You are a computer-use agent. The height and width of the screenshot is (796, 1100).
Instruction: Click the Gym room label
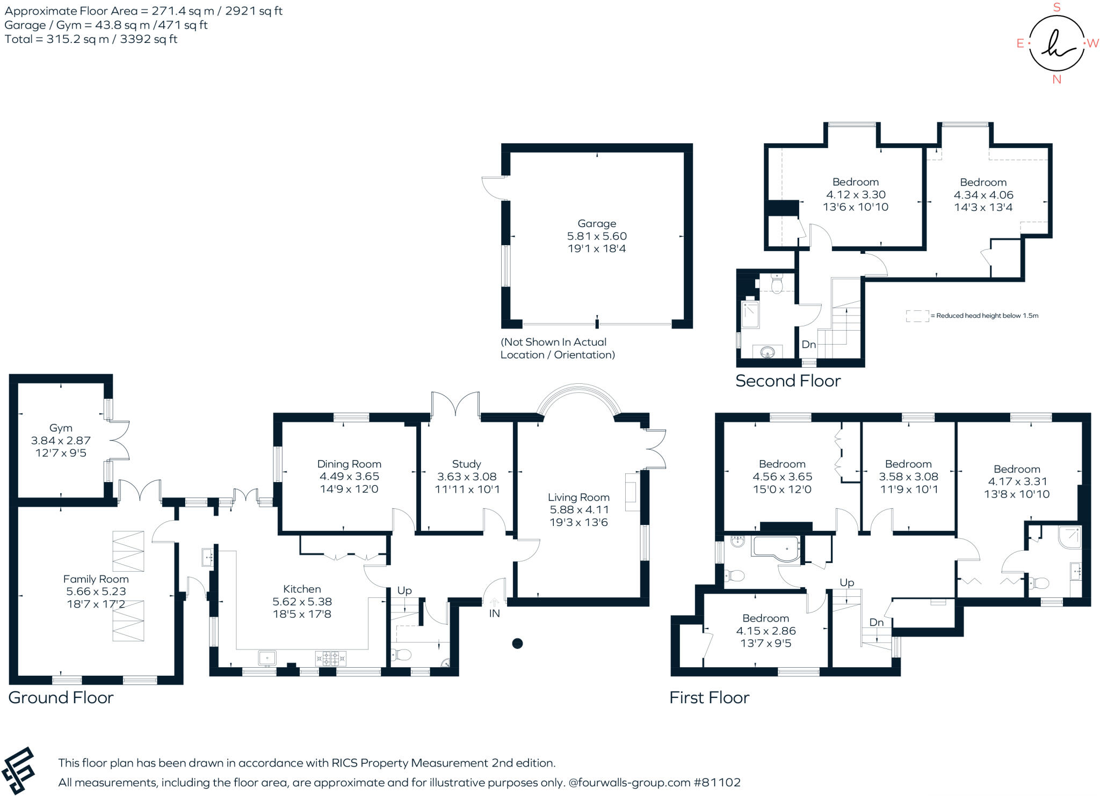tap(61, 428)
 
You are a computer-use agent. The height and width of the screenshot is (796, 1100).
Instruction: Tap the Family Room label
tap(96, 579)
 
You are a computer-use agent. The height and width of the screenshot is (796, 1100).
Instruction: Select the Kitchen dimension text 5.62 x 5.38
tap(302, 602)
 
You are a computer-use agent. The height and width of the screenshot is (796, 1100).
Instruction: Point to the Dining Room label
tap(349, 464)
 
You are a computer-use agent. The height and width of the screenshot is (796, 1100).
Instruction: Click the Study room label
tap(466, 464)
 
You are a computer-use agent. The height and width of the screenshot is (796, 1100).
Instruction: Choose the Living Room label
tap(578, 498)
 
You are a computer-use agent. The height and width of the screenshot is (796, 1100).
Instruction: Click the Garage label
tap(597, 223)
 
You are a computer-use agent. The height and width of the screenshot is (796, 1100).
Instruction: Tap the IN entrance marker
tap(494, 613)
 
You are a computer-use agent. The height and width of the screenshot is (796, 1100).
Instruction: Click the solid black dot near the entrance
tap(517, 643)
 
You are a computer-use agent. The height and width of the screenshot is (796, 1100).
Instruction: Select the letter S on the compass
tap(1057, 8)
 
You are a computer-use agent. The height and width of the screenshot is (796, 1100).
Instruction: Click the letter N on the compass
tap(1057, 79)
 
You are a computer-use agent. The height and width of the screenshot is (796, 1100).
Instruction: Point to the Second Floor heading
tap(787, 381)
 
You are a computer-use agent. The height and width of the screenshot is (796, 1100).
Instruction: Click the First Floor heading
tap(709, 697)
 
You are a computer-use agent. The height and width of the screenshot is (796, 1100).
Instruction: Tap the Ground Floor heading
tap(61, 697)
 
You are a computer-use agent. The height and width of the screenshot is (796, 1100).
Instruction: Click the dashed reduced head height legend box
tap(917, 316)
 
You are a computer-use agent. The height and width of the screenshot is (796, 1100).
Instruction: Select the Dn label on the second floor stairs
tap(809, 345)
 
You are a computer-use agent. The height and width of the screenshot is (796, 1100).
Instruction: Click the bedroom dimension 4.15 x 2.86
tap(765, 631)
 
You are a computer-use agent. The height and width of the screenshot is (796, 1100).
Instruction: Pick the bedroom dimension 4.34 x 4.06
tap(983, 195)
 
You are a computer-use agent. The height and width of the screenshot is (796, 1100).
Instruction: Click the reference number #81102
tap(717, 783)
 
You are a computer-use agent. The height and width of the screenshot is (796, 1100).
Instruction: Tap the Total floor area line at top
tap(91, 39)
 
